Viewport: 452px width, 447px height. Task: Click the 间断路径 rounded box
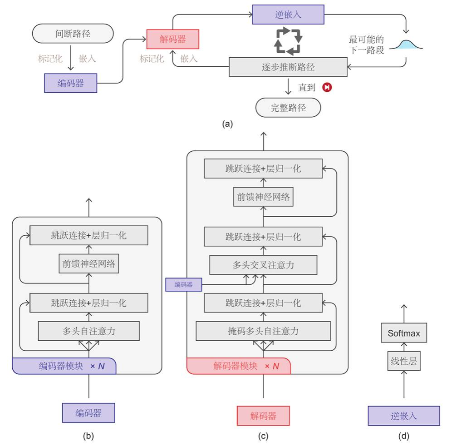(x=73, y=34)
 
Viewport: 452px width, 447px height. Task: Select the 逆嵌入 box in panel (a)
(x=288, y=15)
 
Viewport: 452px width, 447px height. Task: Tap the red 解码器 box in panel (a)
(x=172, y=39)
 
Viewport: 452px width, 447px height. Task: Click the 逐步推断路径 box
(x=288, y=67)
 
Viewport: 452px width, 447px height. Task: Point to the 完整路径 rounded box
(x=288, y=108)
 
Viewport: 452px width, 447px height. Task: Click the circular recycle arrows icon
(x=288, y=41)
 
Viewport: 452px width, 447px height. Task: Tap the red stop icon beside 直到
(x=327, y=87)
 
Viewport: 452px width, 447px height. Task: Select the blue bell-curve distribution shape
(x=406, y=45)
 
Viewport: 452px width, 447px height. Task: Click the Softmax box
(x=404, y=333)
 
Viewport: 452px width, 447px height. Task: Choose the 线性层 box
(x=404, y=361)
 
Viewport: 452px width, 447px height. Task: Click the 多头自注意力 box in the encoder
(x=89, y=331)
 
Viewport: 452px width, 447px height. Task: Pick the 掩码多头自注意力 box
(x=263, y=331)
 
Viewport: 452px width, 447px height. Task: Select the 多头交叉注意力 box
(x=263, y=265)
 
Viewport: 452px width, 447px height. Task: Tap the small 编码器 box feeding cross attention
(x=184, y=284)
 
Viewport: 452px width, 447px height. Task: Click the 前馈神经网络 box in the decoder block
(x=263, y=197)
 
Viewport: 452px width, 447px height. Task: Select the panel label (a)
(x=227, y=124)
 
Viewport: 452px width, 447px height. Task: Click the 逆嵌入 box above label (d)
(x=404, y=416)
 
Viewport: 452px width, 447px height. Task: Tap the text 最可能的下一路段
(x=366, y=45)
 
